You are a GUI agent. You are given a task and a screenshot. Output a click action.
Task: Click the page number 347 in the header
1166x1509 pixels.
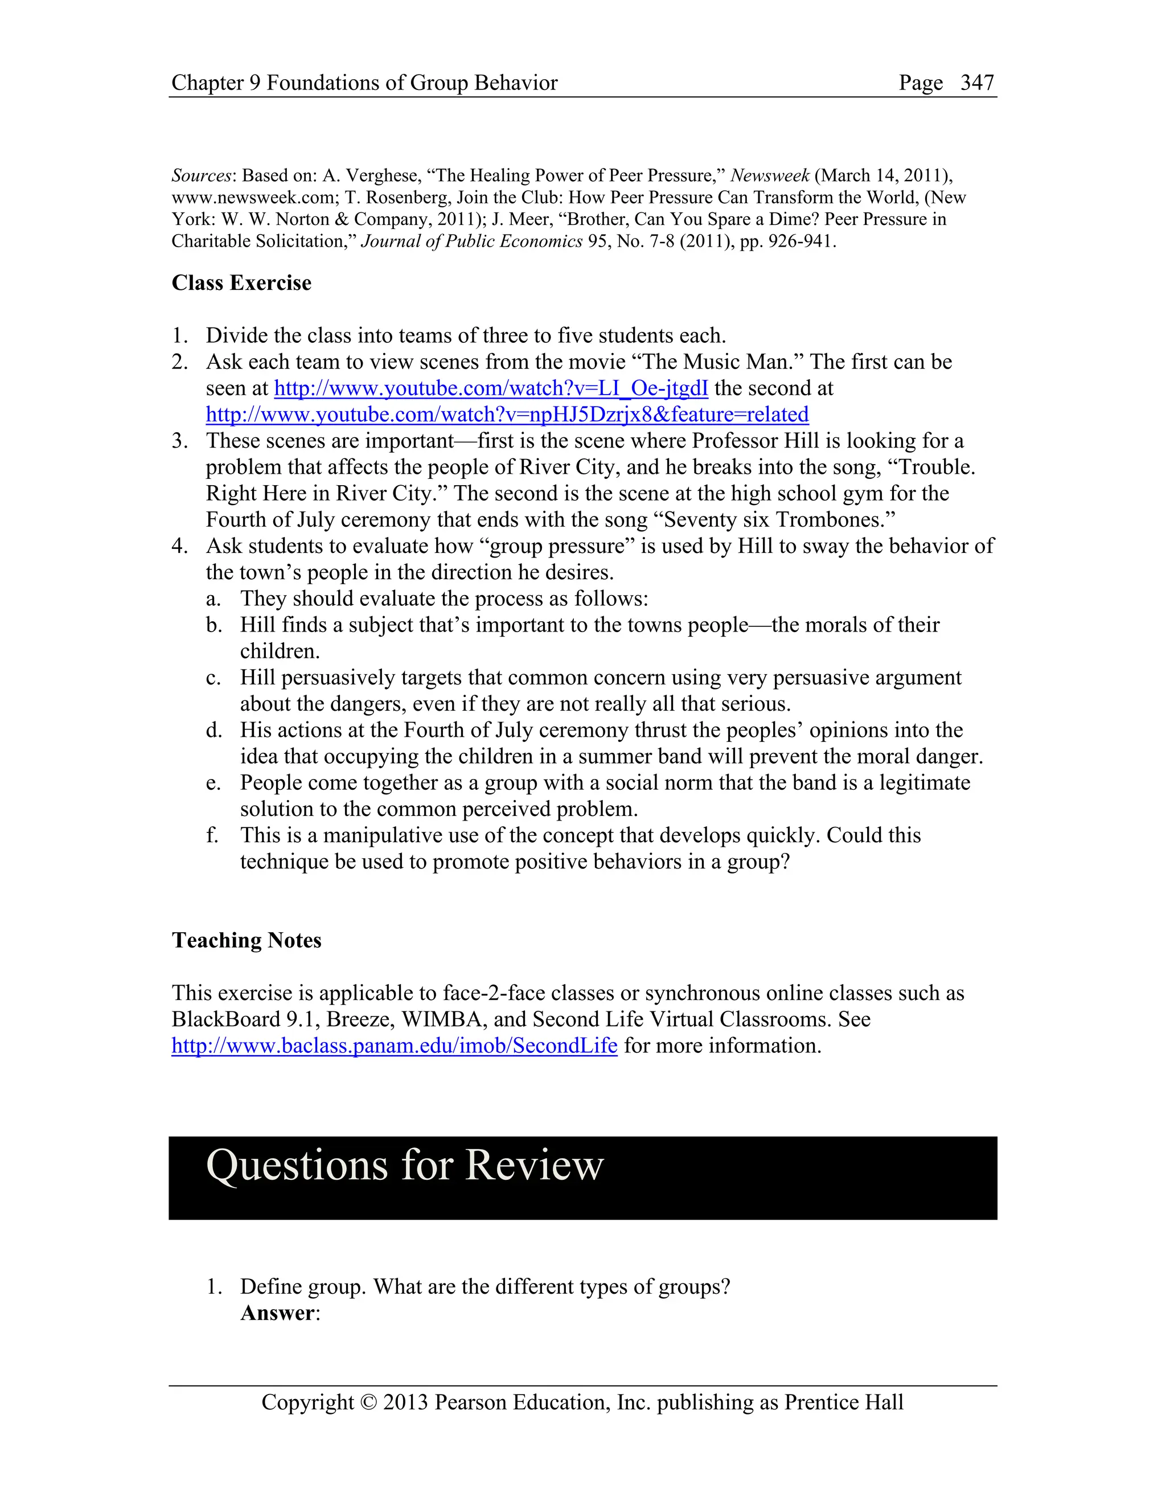[977, 83]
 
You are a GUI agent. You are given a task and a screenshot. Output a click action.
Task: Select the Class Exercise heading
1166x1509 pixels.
[241, 282]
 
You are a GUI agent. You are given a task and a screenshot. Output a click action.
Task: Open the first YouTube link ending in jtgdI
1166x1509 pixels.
[491, 388]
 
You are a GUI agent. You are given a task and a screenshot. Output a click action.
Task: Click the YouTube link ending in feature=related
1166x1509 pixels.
[507, 415]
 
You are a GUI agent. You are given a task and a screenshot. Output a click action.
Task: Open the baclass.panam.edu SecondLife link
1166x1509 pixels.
[395, 1045]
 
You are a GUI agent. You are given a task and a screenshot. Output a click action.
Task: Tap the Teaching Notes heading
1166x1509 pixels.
[247, 940]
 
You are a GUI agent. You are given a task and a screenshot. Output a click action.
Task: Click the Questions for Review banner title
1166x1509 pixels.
[405, 1165]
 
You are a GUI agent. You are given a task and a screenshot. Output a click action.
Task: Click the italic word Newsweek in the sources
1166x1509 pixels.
[770, 175]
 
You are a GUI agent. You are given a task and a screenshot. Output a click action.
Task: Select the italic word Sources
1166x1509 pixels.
[201, 175]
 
